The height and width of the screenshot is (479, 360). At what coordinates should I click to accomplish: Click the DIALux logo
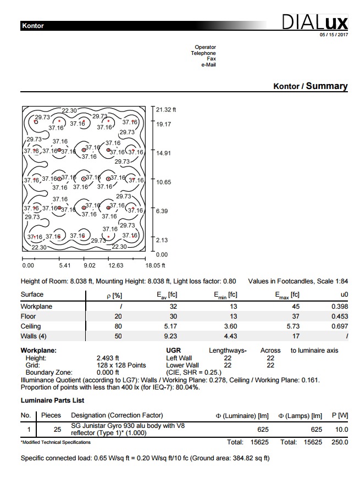(x=314, y=23)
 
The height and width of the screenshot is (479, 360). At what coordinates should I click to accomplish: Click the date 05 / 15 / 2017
(x=334, y=35)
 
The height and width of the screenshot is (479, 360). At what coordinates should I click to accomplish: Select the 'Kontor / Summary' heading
(x=310, y=86)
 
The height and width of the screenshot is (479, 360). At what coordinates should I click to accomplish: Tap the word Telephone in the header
(x=203, y=53)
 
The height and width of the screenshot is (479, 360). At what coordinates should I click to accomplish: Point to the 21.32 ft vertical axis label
(x=166, y=109)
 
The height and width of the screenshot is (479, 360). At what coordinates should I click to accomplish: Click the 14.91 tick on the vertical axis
(x=163, y=153)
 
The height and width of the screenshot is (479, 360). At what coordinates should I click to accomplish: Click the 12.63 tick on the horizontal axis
(x=115, y=265)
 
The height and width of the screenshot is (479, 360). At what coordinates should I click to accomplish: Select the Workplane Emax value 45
(x=295, y=307)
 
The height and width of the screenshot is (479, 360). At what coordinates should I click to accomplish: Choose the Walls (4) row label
(x=34, y=336)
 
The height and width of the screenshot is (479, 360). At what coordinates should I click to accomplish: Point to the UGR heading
(x=173, y=350)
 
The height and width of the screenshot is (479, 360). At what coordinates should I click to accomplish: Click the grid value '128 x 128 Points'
(x=121, y=365)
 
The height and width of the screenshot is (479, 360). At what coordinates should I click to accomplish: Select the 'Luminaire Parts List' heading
(x=52, y=401)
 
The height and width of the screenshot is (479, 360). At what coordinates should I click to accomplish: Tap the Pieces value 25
(x=57, y=430)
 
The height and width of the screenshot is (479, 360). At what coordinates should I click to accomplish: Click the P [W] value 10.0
(x=341, y=430)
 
